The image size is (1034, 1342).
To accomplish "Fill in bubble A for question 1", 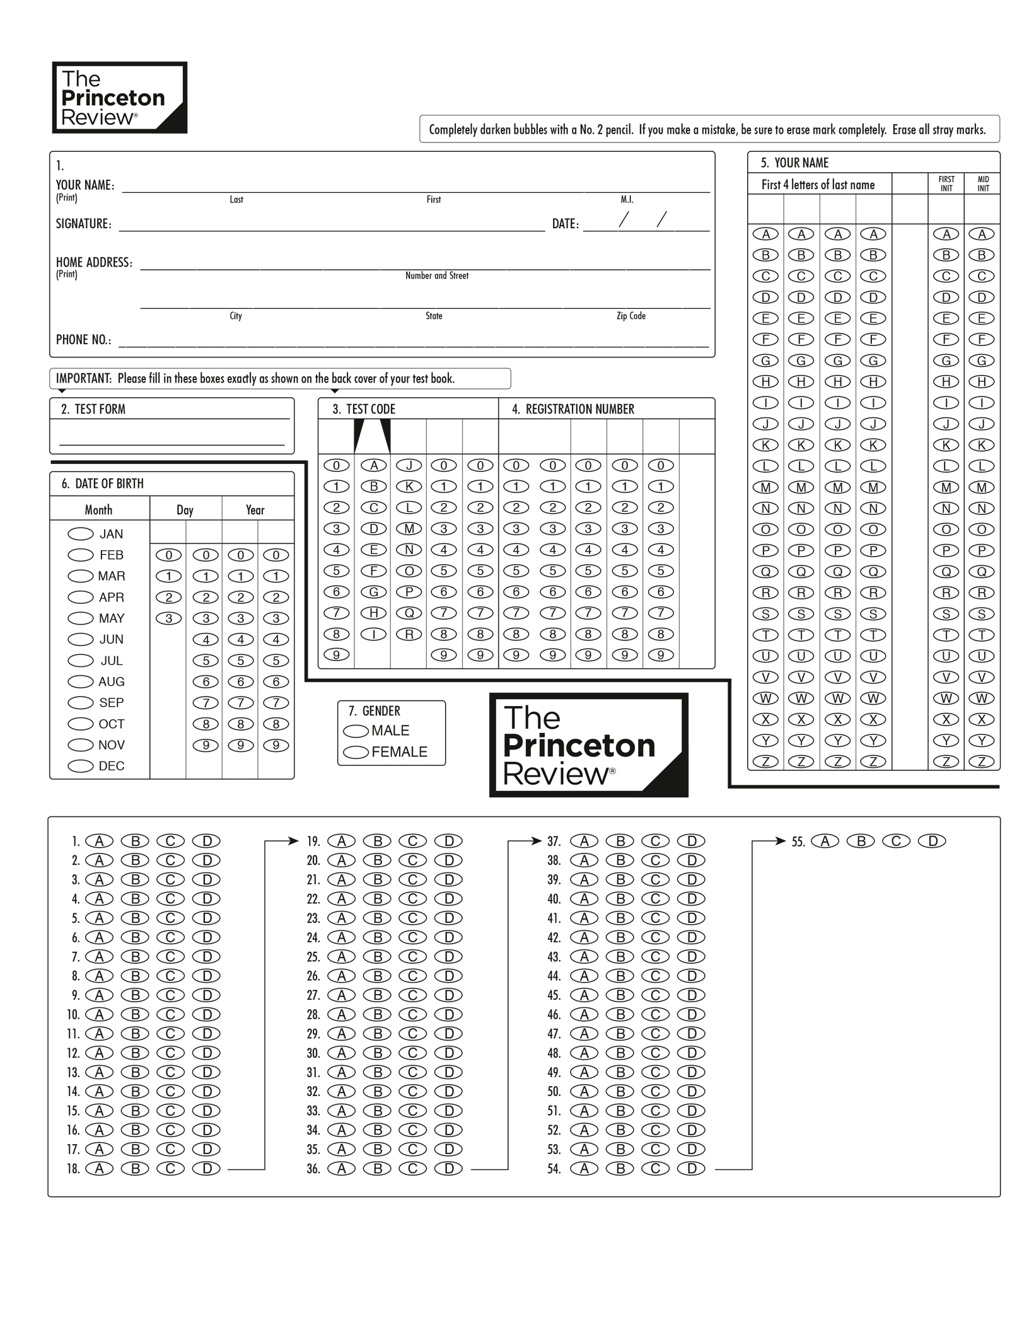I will pyautogui.click(x=99, y=841).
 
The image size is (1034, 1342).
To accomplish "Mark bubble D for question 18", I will pyautogui.click(x=206, y=1169).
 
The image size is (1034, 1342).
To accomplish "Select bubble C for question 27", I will pyautogui.click(x=413, y=995).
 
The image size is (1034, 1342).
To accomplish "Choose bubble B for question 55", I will pyautogui.click(x=861, y=841).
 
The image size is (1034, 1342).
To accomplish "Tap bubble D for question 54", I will pyautogui.click(x=692, y=1169).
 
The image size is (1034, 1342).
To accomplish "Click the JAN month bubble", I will pyautogui.click(x=81, y=534).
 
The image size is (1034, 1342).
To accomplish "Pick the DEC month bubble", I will pyautogui.click(x=81, y=766).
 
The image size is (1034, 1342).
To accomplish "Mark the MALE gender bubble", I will pyautogui.click(x=356, y=731).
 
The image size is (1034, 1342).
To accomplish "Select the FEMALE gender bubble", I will pyautogui.click(x=356, y=752).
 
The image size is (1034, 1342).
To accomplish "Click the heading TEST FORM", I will pyautogui.click(x=100, y=409).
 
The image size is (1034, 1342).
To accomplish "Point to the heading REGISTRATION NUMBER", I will pyautogui.click(x=579, y=409).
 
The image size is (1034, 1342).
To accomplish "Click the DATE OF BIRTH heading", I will pyautogui.click(x=109, y=483).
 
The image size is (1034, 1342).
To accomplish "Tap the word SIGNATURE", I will pyautogui.click(x=83, y=224).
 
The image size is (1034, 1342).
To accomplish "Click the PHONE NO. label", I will pyautogui.click(x=83, y=340).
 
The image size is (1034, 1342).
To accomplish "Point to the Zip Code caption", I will pyautogui.click(x=630, y=316).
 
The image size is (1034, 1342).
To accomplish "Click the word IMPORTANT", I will pyautogui.click(x=83, y=378).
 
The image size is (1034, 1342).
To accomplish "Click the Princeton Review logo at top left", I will pyautogui.click(x=120, y=98).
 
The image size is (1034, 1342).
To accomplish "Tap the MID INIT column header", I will pyautogui.click(x=983, y=183).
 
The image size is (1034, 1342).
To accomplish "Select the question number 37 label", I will pyautogui.click(x=554, y=841).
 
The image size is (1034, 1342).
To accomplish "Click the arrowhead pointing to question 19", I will pyautogui.click(x=293, y=841).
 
